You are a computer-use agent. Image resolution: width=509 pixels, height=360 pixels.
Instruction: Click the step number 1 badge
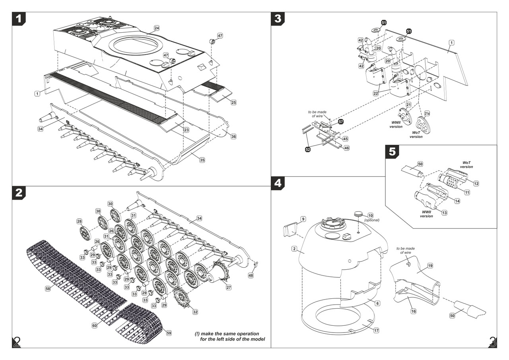click(19, 18)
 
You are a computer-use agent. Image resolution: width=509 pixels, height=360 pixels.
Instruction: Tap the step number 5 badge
click(392, 152)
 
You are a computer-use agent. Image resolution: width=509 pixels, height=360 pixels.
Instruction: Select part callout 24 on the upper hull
click(157, 28)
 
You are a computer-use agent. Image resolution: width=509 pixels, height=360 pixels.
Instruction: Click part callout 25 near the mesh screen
click(233, 103)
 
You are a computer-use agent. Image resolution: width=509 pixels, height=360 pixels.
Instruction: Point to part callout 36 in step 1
click(233, 136)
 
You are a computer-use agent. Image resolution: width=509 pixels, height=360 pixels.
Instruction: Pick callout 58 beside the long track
click(48, 288)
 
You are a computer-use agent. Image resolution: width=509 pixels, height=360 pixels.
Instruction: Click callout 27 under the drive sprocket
click(228, 287)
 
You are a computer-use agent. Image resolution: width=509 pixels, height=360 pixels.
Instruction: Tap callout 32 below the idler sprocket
click(195, 312)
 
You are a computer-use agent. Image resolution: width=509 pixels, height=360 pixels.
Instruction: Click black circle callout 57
click(341, 121)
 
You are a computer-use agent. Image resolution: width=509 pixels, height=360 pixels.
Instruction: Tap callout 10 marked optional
click(371, 215)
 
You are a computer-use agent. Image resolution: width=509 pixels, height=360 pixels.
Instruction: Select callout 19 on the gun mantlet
click(430, 265)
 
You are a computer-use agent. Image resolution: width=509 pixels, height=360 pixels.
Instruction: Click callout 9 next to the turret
click(303, 219)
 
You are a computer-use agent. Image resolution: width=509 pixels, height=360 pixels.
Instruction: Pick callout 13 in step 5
click(444, 213)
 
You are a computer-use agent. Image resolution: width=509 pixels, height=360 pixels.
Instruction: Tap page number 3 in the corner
click(492, 342)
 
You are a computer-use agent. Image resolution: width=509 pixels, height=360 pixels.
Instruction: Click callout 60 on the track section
click(95, 325)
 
